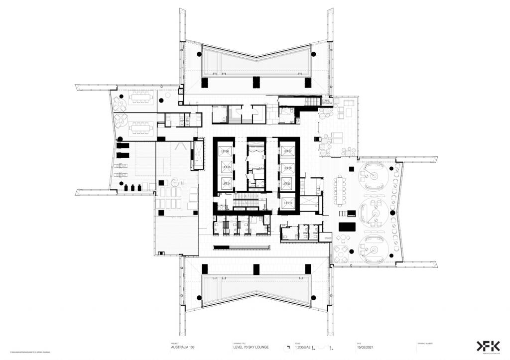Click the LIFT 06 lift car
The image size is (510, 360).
pos(226,151)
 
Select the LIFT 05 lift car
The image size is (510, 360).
pos(226,167)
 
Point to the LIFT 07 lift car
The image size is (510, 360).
pos(287,151)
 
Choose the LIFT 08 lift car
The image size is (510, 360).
pos(287,168)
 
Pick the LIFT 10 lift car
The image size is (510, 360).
pos(287,202)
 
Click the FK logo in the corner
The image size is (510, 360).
pos(487,347)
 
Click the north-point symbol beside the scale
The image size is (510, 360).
pos(287,348)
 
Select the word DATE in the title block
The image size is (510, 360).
pos(359,343)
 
